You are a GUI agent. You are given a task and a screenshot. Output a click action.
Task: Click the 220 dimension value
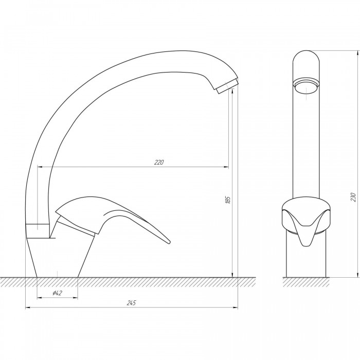tap(159, 163)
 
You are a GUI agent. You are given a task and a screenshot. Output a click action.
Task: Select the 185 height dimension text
tap(228, 200)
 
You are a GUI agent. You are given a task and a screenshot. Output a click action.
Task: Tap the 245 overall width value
tap(131, 303)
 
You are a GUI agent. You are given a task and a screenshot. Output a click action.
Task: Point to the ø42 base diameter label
tap(58, 293)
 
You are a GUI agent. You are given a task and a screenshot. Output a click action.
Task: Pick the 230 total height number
tap(353, 197)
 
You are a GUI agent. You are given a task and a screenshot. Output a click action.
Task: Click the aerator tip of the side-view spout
tap(227, 86)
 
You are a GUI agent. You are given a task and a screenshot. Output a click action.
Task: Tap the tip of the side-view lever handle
tap(169, 242)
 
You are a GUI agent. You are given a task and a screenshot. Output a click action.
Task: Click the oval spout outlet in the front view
tap(306, 87)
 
